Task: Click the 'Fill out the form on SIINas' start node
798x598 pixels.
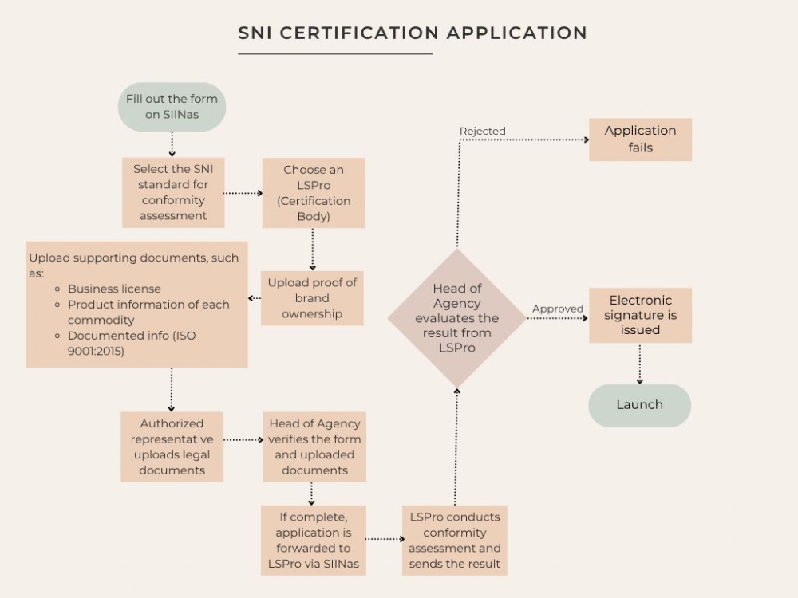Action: (x=172, y=107)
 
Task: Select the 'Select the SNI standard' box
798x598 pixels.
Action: (x=173, y=192)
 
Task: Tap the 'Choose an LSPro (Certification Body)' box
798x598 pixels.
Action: (x=313, y=192)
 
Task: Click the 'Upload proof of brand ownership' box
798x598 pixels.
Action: (x=312, y=298)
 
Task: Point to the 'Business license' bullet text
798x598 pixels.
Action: (x=114, y=289)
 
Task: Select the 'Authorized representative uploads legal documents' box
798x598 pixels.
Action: (x=172, y=447)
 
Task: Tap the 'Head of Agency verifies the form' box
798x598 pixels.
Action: (x=314, y=447)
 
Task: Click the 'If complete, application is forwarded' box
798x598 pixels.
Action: (x=314, y=540)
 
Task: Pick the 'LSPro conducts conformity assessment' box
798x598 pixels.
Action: (x=455, y=540)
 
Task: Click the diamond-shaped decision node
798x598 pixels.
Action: (x=456, y=317)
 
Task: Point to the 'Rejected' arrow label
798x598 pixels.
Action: (x=483, y=131)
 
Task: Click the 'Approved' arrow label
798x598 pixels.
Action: (x=558, y=309)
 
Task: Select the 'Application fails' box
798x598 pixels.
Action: (x=640, y=140)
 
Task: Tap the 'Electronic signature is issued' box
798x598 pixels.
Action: (x=640, y=315)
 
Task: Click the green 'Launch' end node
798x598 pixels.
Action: (x=639, y=405)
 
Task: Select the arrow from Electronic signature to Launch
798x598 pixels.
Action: (x=639, y=364)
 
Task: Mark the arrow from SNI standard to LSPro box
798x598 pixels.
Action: (x=243, y=193)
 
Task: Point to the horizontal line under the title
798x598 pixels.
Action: (x=335, y=53)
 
